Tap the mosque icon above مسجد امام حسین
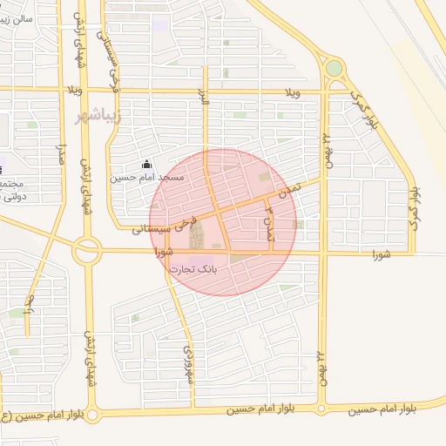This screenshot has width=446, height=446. pos(147,165)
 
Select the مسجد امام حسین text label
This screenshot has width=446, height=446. pos(147,178)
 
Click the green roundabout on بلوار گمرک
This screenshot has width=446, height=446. pos(334,68)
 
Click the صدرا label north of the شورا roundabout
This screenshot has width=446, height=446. pos(61,158)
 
